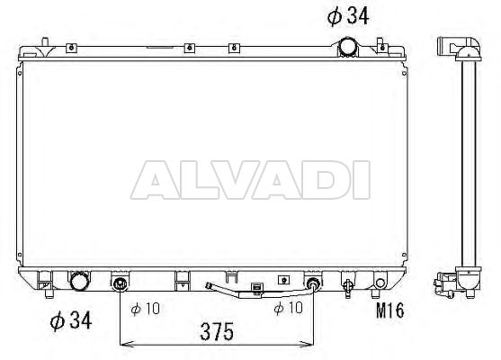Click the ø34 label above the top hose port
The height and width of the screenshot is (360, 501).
348,15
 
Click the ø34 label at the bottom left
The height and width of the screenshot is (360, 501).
71,320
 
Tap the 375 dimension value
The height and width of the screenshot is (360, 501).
217,331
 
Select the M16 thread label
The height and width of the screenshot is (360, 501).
390,310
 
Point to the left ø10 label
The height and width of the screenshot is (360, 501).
145,309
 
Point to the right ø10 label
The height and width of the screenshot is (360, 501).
288,308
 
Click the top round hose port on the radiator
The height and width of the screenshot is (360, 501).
348,47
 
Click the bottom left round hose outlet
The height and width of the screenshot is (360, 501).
79,281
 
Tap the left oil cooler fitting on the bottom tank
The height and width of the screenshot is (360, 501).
120,283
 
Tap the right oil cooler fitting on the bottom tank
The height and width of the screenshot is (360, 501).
313,283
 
